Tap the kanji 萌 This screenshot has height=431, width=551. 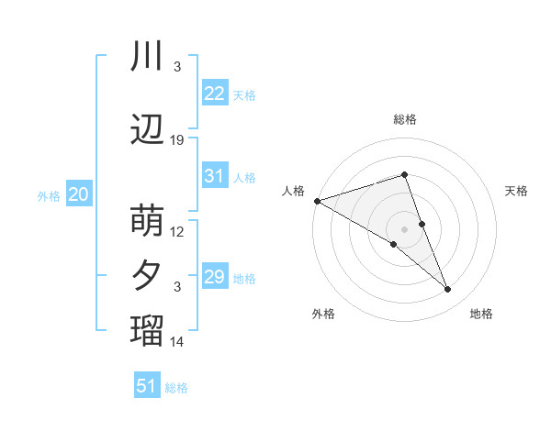coord(148,221)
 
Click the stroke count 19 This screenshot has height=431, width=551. coord(177,140)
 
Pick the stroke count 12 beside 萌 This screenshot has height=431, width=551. coord(177,231)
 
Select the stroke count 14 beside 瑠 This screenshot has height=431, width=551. coord(177,342)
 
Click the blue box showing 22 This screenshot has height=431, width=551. coord(214,93)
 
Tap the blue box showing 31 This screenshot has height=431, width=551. coord(214,176)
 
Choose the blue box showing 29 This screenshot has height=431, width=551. coord(214,277)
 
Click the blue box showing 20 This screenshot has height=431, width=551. coord(79,193)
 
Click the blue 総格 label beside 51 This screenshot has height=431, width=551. coord(176,388)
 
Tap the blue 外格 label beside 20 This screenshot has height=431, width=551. coord(49,195)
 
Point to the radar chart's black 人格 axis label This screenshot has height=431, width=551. coord(293,191)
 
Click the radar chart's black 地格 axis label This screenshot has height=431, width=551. coord(481,314)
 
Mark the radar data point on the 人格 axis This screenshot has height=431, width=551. coord(317,200)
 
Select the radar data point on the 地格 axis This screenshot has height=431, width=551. coord(448,290)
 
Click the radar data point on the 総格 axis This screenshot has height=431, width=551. coord(404,174)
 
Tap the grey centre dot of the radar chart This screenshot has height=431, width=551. coord(404,228)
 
